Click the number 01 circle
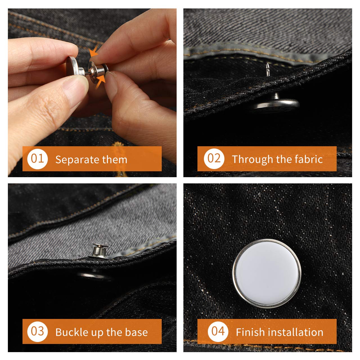(x=37, y=159)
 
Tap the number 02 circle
(x=214, y=159)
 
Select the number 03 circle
(x=37, y=331)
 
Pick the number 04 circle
(x=218, y=331)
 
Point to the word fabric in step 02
(x=308, y=159)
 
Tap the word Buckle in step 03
(x=71, y=332)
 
